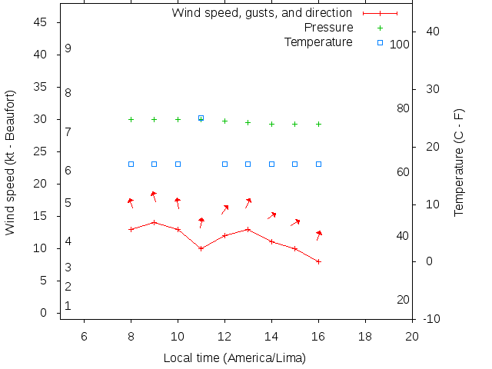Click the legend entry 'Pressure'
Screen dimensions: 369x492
(328, 28)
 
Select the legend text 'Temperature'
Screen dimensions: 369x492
(318, 42)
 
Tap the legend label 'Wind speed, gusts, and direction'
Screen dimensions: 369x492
(261, 13)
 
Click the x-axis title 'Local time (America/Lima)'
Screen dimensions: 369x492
(234, 358)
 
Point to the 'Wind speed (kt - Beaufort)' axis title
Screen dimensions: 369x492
(11, 162)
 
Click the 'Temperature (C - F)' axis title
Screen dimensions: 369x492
(459, 162)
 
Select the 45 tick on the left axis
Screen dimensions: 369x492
(42, 22)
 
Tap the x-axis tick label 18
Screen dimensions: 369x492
(365, 336)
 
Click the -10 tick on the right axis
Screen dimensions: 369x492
(431, 318)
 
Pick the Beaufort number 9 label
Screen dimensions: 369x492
(68, 48)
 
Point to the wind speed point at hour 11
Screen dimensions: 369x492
(201, 248)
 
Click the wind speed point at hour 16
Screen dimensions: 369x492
(318, 261)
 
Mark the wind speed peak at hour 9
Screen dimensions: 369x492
(154, 222)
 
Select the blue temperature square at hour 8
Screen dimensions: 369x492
(131, 164)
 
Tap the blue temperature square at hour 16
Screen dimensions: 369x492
(318, 164)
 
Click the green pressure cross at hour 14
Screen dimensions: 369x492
(271, 124)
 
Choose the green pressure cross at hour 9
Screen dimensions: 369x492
(154, 119)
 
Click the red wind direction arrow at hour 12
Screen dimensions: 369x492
(225, 209)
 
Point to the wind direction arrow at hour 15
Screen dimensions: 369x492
(295, 222)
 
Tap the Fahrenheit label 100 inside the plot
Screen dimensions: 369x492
(400, 45)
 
